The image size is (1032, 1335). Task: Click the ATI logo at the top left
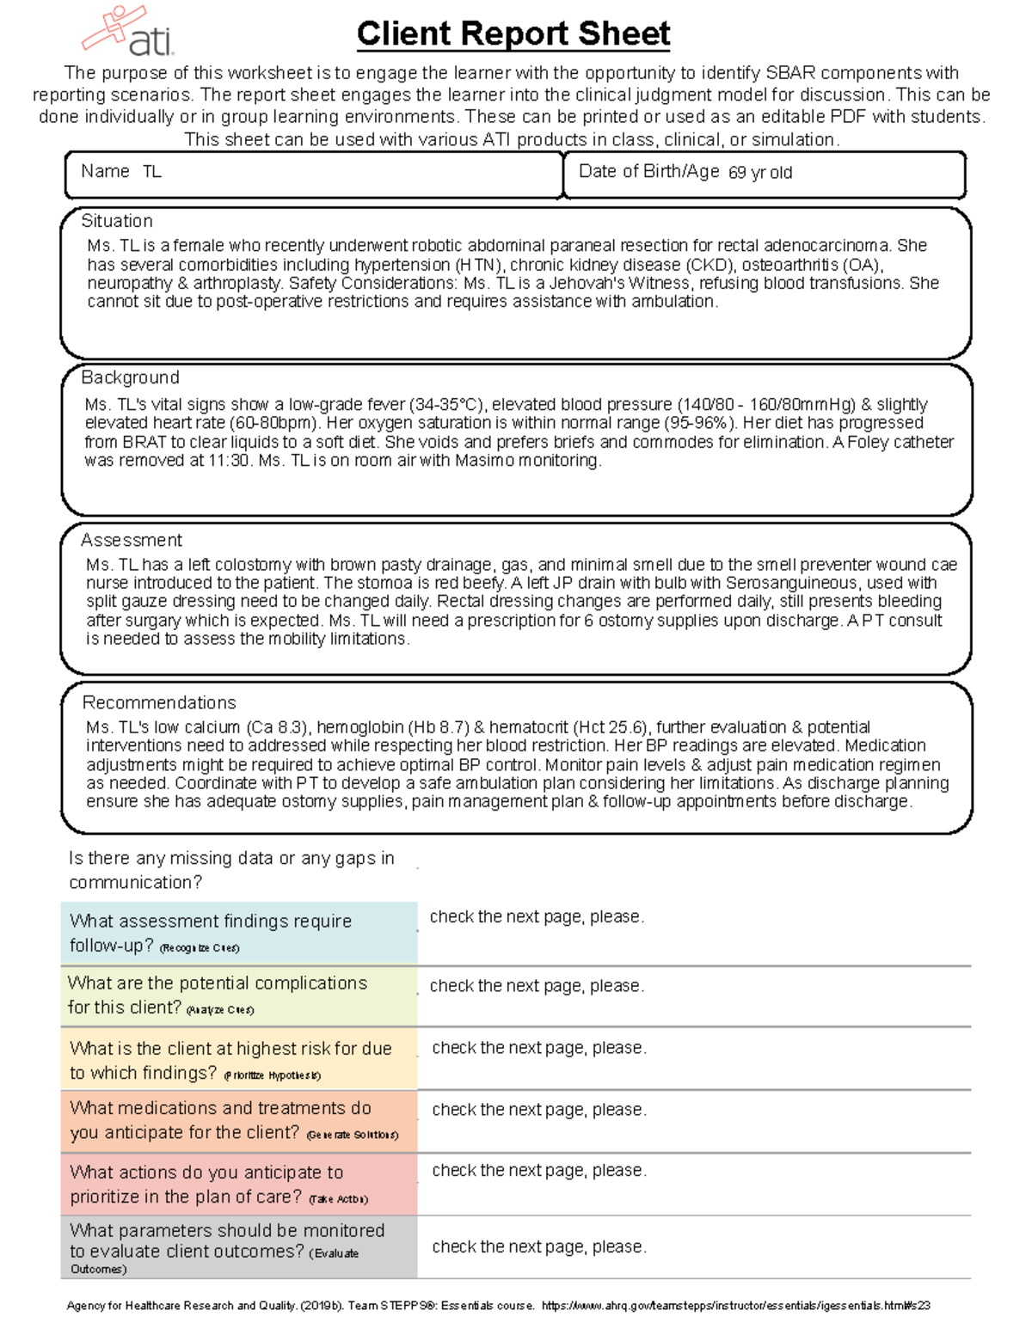click(x=129, y=32)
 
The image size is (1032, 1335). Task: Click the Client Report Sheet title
click(x=513, y=34)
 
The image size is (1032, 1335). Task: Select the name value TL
click(x=152, y=172)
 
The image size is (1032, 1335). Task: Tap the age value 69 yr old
click(x=760, y=173)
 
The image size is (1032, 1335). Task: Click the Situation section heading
click(x=117, y=221)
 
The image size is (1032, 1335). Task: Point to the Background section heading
click(x=130, y=377)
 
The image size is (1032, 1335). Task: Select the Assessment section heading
click(x=132, y=540)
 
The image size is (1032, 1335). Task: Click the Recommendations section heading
click(x=159, y=702)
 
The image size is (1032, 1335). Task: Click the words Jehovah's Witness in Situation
click(x=617, y=283)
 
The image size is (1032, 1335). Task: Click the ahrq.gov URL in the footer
click(x=735, y=1306)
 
